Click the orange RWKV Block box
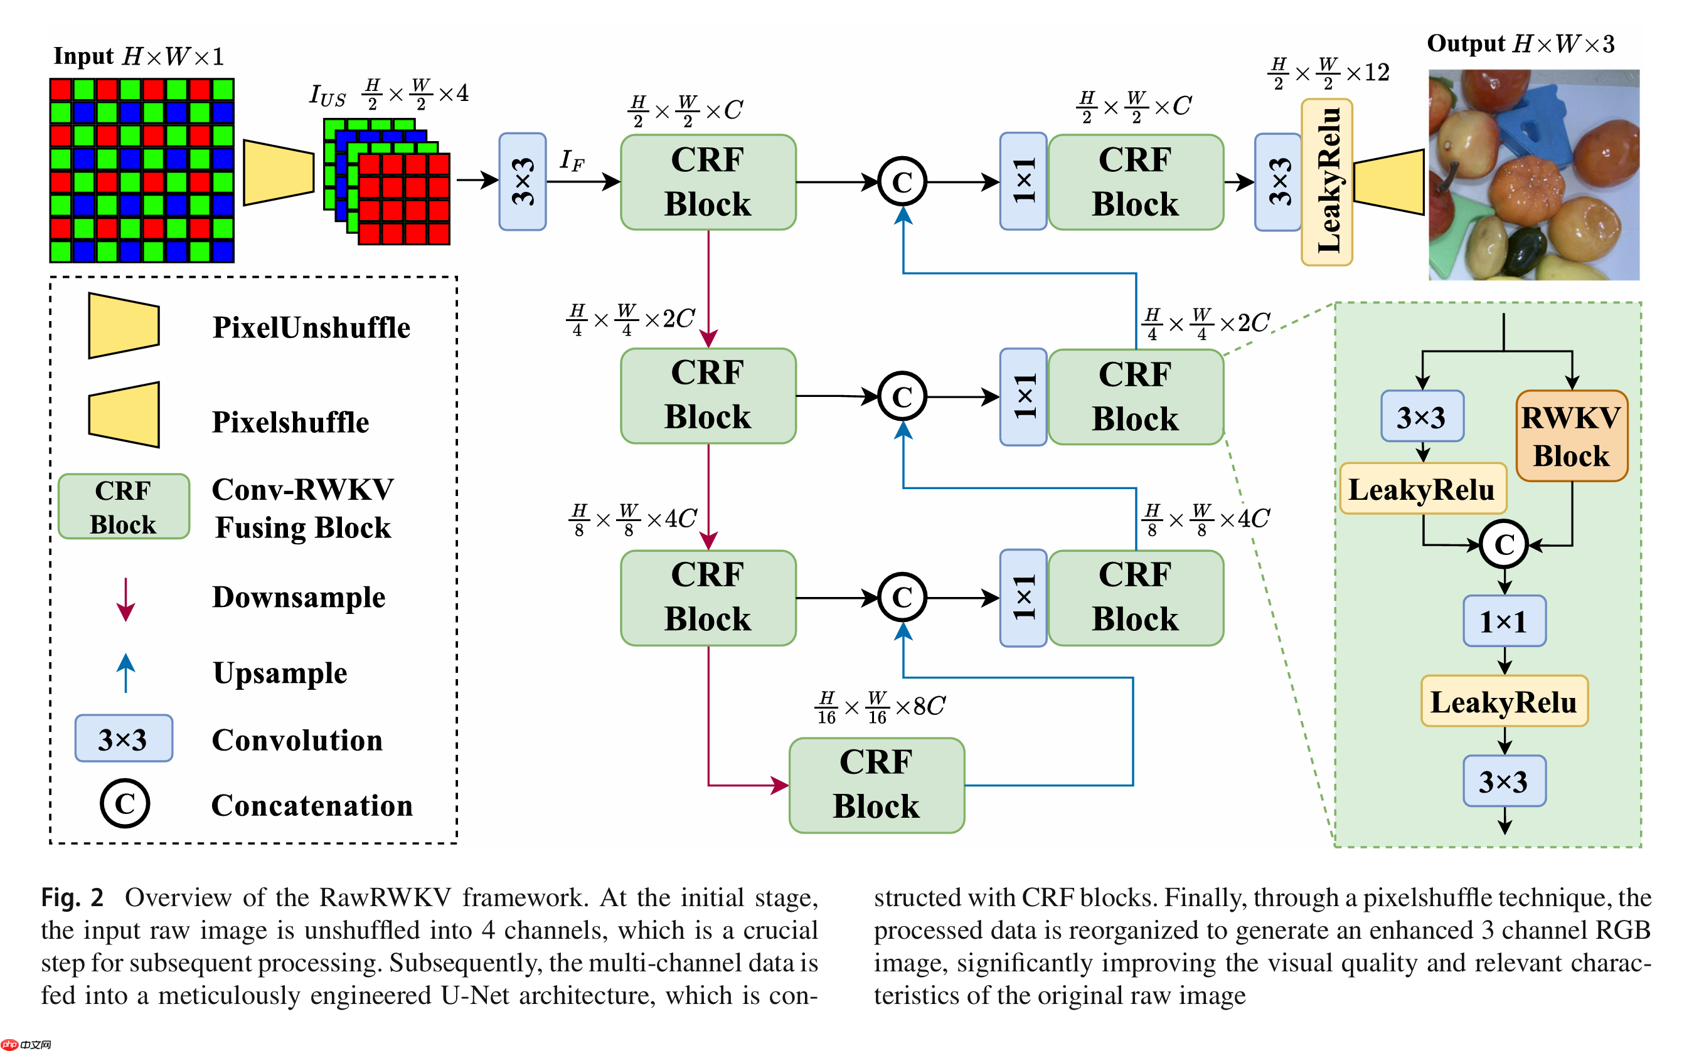coord(1570,436)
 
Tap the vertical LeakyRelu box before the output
coord(1326,181)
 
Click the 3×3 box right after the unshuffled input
coord(521,181)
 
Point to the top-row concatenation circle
coord(902,182)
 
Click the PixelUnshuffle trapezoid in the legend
coord(124,325)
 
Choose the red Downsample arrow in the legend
coord(125,598)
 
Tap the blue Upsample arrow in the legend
coord(125,672)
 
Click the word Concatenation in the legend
coord(312,806)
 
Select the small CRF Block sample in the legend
coord(123,506)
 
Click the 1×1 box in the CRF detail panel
coord(1504,621)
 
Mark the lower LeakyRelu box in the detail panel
coord(1504,701)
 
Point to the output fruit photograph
coord(1533,174)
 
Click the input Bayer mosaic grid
coord(141,171)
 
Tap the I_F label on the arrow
coord(572,161)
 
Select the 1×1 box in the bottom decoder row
coord(1022,598)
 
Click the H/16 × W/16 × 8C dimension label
coord(880,707)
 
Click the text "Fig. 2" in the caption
coord(72,897)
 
